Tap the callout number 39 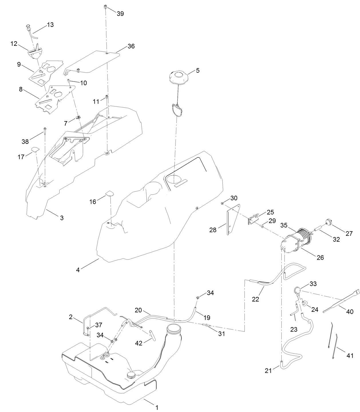pos(120,14)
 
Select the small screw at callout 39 pos(106,7)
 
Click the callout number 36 pos(131,46)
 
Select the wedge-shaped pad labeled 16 pos(110,193)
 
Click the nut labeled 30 pos(222,203)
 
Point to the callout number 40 pos(350,312)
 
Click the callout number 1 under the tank pos(157,407)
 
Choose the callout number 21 pos(268,370)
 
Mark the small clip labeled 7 pos(78,117)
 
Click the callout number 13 pos(50,25)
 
